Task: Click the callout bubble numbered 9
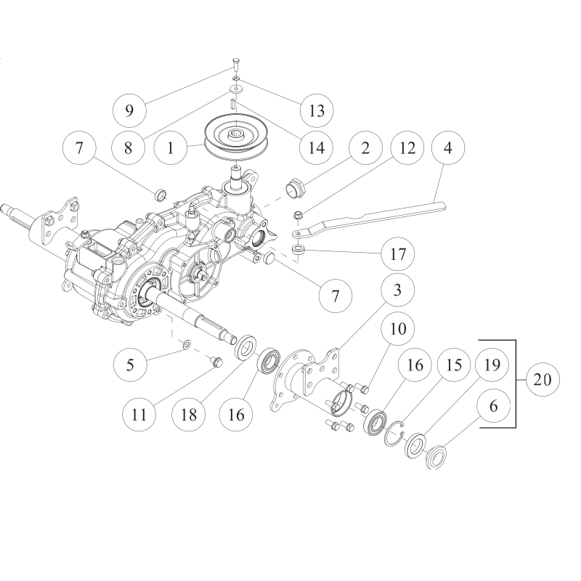tap(129, 110)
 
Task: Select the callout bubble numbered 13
tap(317, 110)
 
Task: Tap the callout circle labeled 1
tap(171, 148)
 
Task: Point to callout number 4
tap(448, 147)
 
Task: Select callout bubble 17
tap(398, 253)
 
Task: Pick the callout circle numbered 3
tap(397, 290)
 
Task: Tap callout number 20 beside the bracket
tap(543, 379)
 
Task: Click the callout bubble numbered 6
tap(494, 406)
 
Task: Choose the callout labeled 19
tap(492, 365)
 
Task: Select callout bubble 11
tap(139, 414)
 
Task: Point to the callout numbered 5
tap(130, 365)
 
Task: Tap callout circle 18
tap(189, 414)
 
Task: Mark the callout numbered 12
tap(407, 147)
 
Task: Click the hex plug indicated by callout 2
tap(295, 185)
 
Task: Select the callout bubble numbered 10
tap(398, 329)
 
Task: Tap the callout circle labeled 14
tap(317, 147)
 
